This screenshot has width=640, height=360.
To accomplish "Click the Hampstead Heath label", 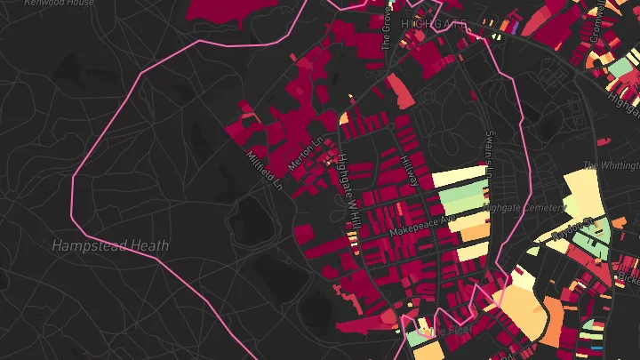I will (x=110, y=245).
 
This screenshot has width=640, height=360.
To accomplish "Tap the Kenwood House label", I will (x=60, y=4).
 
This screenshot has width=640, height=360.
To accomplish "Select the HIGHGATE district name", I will (x=434, y=24).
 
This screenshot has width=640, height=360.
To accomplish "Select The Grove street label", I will (x=387, y=28).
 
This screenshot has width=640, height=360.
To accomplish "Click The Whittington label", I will (x=612, y=166).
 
